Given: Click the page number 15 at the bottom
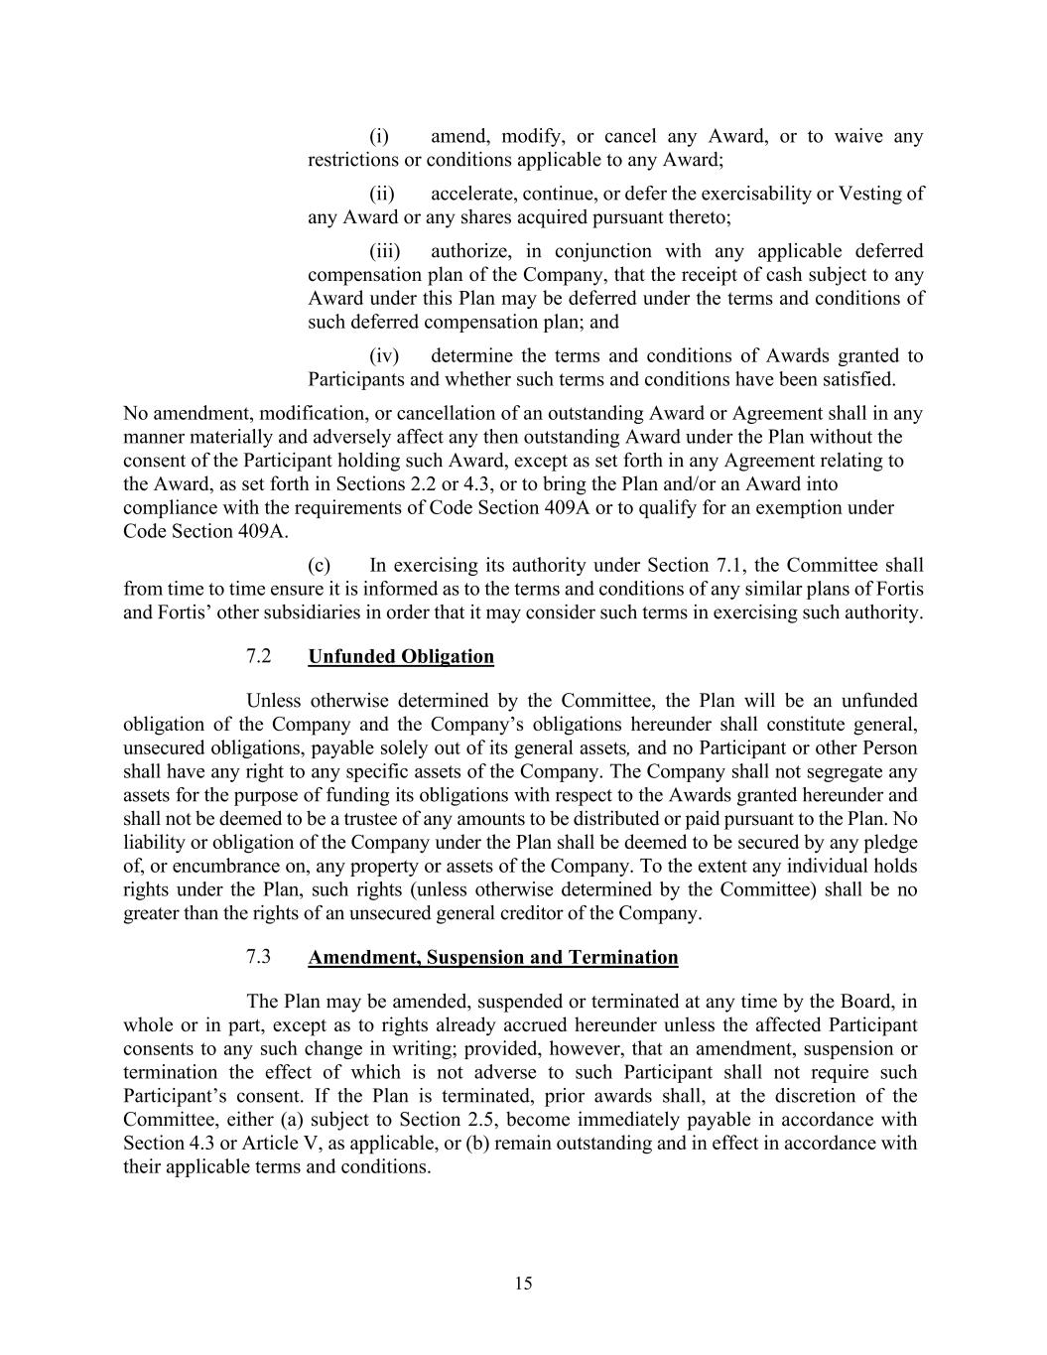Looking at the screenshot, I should (x=524, y=1284).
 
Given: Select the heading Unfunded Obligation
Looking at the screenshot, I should (x=401, y=656).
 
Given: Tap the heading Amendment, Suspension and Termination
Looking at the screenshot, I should (x=493, y=957).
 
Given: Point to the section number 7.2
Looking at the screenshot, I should (x=259, y=656).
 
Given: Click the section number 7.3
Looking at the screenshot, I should (x=259, y=957).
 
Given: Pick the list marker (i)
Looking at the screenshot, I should (x=379, y=136).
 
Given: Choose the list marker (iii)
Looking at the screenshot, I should (x=387, y=251).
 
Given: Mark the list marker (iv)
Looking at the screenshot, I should (x=385, y=355).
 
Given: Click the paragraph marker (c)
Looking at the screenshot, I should (x=320, y=566).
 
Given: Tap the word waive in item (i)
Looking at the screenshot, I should (x=858, y=136).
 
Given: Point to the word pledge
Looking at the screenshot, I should (x=890, y=843).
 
